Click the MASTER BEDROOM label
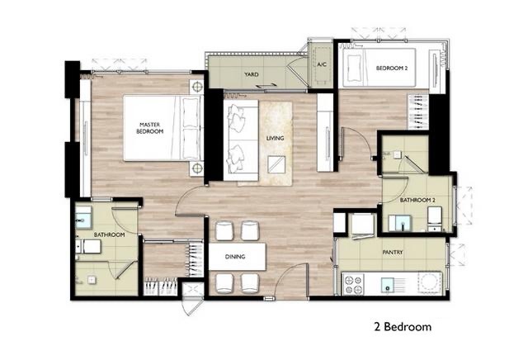tap(150, 128)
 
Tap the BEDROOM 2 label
tap(392, 68)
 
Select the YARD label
tap(252, 74)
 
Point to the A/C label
tap(322, 64)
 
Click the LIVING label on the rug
tap(275, 138)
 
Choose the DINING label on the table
tap(235, 257)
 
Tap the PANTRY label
tap(393, 252)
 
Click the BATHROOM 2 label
tap(417, 200)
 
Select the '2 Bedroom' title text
tap(403, 327)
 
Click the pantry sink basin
tap(388, 284)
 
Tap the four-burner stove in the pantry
tap(353, 284)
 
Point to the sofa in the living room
tap(241, 140)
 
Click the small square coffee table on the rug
tap(276, 164)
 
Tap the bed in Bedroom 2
tap(379, 68)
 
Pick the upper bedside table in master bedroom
tap(196, 88)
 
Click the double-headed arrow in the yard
tap(265, 87)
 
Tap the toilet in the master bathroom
tap(88, 246)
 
